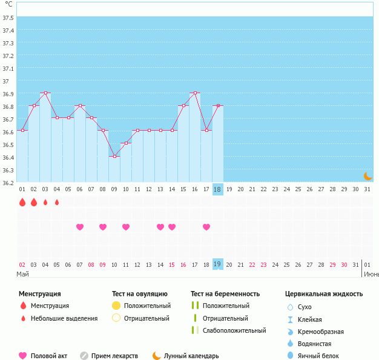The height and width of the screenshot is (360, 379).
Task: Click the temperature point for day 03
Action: (x=45, y=93)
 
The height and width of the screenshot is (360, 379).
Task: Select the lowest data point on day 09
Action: (x=114, y=156)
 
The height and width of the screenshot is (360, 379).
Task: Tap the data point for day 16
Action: (x=195, y=93)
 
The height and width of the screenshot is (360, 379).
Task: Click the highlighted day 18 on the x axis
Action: (x=218, y=189)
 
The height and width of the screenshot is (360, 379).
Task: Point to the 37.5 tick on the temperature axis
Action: (x=8, y=18)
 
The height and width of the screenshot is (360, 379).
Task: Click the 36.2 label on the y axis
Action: (x=8, y=182)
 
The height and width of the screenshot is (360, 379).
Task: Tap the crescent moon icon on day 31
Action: (x=367, y=176)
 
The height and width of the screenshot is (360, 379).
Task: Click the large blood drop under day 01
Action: (x=22, y=203)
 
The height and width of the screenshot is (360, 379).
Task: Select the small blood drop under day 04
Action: (x=57, y=203)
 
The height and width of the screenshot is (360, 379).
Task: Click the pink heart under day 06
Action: (x=80, y=227)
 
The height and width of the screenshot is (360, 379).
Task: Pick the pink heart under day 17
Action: (x=206, y=227)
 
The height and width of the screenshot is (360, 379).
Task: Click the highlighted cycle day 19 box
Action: (x=218, y=264)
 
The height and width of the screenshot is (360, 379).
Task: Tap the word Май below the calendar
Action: (x=22, y=273)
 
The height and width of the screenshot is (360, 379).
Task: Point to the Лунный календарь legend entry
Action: (x=191, y=356)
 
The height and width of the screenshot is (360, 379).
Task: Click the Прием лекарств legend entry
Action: (x=114, y=356)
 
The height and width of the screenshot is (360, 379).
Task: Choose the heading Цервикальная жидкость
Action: (x=324, y=294)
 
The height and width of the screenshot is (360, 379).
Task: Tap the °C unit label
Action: (x=8, y=5)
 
